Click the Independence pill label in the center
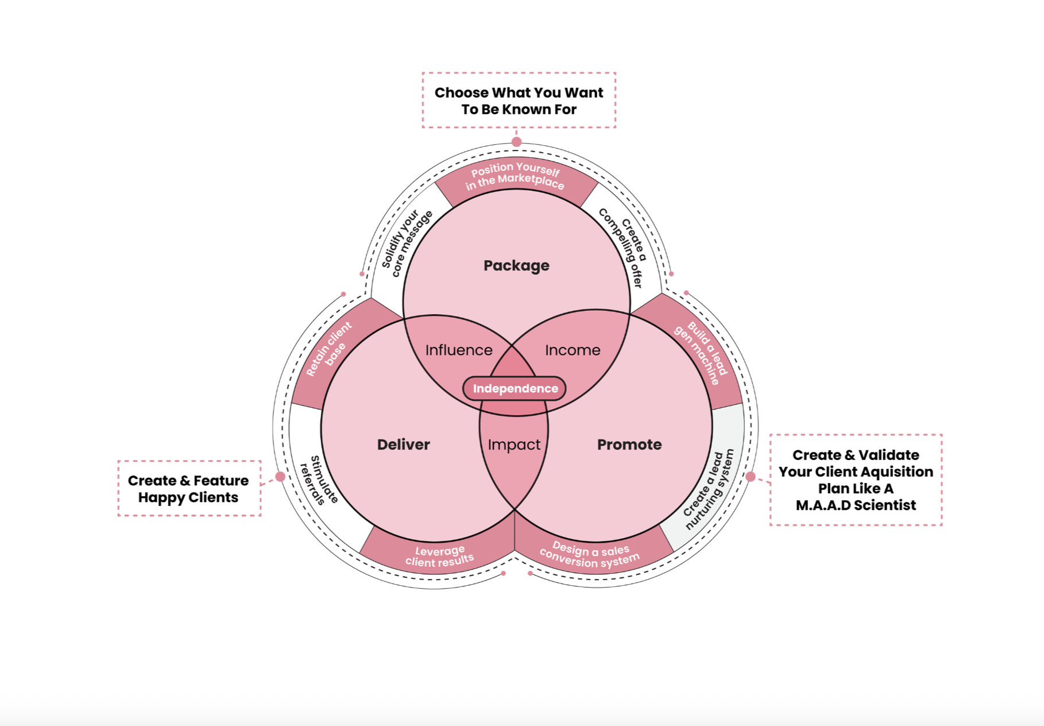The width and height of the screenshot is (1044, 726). click(515, 389)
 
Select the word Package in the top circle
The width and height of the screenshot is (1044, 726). click(516, 265)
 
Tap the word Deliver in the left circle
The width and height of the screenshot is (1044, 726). click(403, 445)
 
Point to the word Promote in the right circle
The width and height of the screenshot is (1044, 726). click(629, 445)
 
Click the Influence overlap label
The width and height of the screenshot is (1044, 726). click(459, 350)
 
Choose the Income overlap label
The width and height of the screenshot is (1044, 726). click(573, 350)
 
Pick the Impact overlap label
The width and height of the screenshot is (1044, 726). click(514, 445)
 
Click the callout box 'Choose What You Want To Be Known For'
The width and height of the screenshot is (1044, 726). click(519, 101)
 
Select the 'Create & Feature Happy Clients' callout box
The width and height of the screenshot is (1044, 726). click(188, 489)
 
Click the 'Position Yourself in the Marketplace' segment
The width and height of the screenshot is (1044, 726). click(515, 176)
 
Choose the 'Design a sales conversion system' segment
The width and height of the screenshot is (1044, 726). click(590, 555)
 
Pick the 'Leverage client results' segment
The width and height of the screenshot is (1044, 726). click(439, 556)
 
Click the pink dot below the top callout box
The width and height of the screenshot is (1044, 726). click(516, 142)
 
